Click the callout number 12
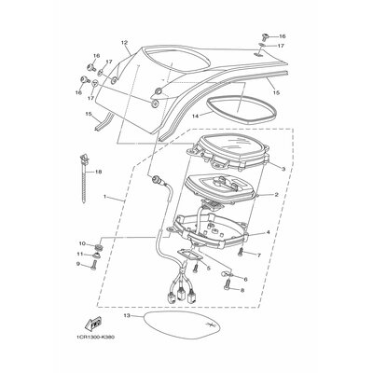pyautogui.click(x=123, y=43)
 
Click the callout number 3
pyautogui.click(x=283, y=168)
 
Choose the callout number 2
pyautogui.click(x=277, y=195)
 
